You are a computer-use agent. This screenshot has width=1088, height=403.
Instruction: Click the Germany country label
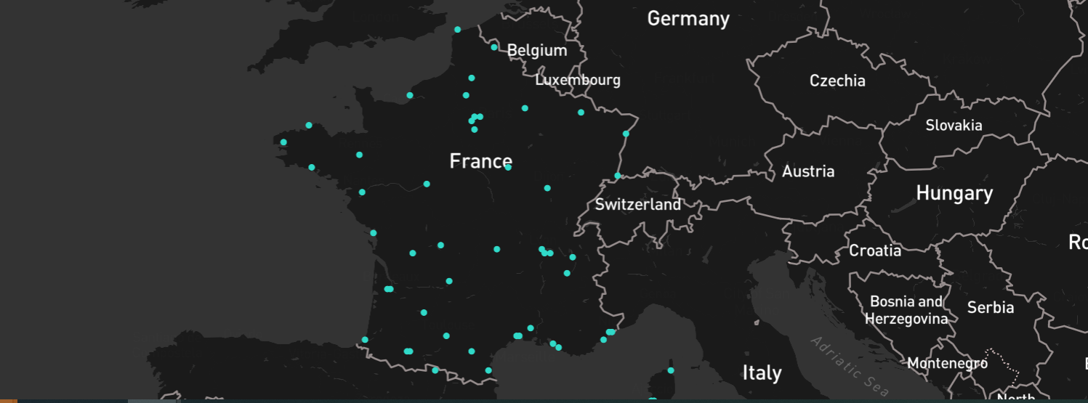688,19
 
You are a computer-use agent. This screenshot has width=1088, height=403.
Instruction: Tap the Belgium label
537,50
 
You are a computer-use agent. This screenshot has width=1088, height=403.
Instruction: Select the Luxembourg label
578,80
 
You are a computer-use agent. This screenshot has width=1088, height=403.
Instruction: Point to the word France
480,161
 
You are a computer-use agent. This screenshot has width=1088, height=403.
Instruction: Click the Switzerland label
638,205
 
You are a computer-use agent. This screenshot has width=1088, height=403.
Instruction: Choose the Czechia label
837,81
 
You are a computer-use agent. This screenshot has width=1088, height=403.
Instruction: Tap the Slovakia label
954,126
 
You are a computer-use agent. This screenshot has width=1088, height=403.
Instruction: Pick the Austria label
808,172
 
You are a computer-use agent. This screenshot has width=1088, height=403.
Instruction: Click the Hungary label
954,194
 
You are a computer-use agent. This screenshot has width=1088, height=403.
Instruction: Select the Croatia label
875,251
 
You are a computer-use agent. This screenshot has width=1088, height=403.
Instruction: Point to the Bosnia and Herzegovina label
906,310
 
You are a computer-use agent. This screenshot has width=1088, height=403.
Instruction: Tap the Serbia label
990,308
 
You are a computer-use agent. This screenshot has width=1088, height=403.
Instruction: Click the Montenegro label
947,363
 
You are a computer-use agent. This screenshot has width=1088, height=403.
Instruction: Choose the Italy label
762,373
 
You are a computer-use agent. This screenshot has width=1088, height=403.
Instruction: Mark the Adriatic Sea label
850,366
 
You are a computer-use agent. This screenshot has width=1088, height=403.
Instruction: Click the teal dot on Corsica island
671,370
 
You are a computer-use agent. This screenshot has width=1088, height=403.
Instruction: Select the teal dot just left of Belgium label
494,47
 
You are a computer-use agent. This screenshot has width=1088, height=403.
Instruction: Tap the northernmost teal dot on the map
457,30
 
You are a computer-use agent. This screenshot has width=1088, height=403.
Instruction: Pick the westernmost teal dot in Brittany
283,142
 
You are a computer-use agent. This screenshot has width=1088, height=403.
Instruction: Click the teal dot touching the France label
508,167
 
